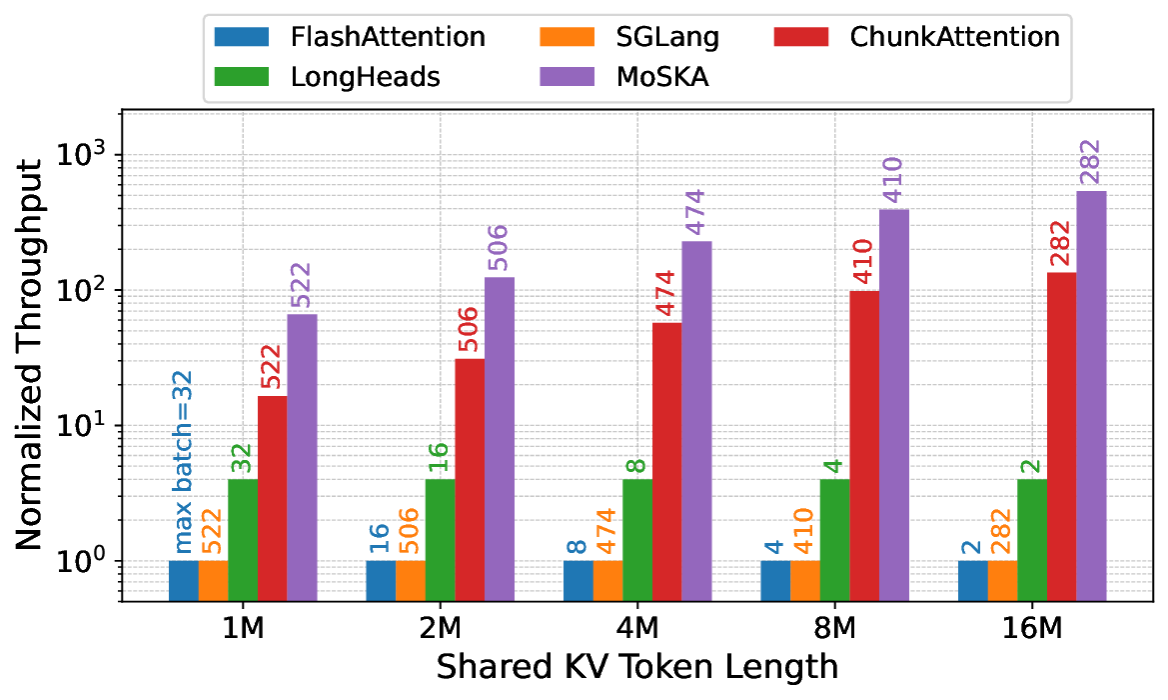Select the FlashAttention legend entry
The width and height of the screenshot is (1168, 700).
point(349,37)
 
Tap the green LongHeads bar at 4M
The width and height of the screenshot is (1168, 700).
point(637,540)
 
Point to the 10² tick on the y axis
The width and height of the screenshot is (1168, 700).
point(85,291)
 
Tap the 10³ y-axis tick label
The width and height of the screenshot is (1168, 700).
point(85,156)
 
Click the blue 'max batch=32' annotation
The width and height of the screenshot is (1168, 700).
point(184,462)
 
